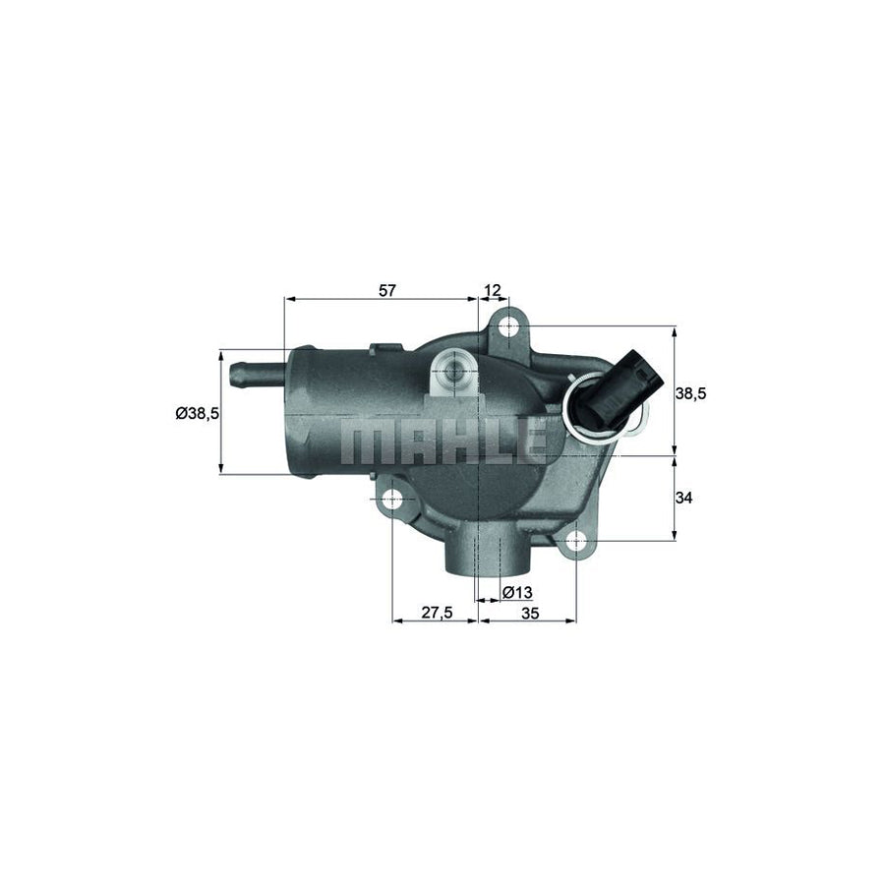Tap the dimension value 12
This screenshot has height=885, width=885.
(493, 290)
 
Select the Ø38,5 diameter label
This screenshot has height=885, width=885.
(197, 414)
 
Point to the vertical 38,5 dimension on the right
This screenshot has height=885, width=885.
(691, 392)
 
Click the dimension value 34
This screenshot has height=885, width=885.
(684, 499)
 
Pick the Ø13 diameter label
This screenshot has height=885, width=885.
(517, 592)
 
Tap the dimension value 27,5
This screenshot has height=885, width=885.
(437, 612)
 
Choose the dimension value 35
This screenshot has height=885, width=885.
(530, 612)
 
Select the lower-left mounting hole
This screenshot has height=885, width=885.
(392, 500)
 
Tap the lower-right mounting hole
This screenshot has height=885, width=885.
(577, 539)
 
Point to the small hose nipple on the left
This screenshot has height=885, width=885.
(251, 374)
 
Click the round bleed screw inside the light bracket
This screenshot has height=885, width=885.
(453, 374)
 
